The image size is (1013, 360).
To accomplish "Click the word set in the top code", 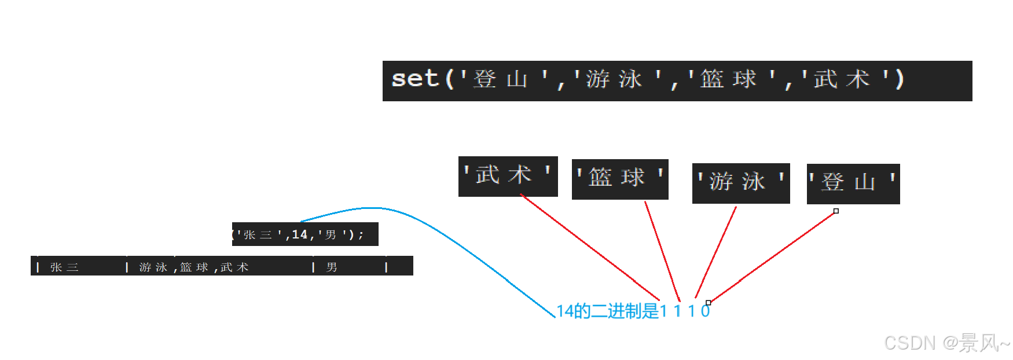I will coord(414,79).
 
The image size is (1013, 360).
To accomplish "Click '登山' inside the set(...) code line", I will coord(500,79).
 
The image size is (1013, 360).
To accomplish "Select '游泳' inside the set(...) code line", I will coord(614,79).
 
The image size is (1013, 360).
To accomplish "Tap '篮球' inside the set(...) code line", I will coord(728,79).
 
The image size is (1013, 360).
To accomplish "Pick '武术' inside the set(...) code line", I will coord(841,79).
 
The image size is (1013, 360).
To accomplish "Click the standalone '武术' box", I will coord(508,175).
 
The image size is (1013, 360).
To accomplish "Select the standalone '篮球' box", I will coord(619,178).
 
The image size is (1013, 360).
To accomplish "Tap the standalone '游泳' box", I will coord(740,182).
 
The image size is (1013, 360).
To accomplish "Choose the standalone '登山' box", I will coord(853,183).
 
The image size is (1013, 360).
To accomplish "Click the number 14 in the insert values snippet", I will coord(299,234).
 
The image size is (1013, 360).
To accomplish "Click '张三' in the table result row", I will coord(64,267).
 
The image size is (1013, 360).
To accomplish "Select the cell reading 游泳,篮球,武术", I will coord(194,267).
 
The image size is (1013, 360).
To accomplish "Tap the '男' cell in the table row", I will coord(332,267).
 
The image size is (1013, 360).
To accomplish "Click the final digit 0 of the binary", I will coord(705,311).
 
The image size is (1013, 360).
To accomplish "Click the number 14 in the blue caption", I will coord(564,311).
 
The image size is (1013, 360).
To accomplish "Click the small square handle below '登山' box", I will coord(836,211).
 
